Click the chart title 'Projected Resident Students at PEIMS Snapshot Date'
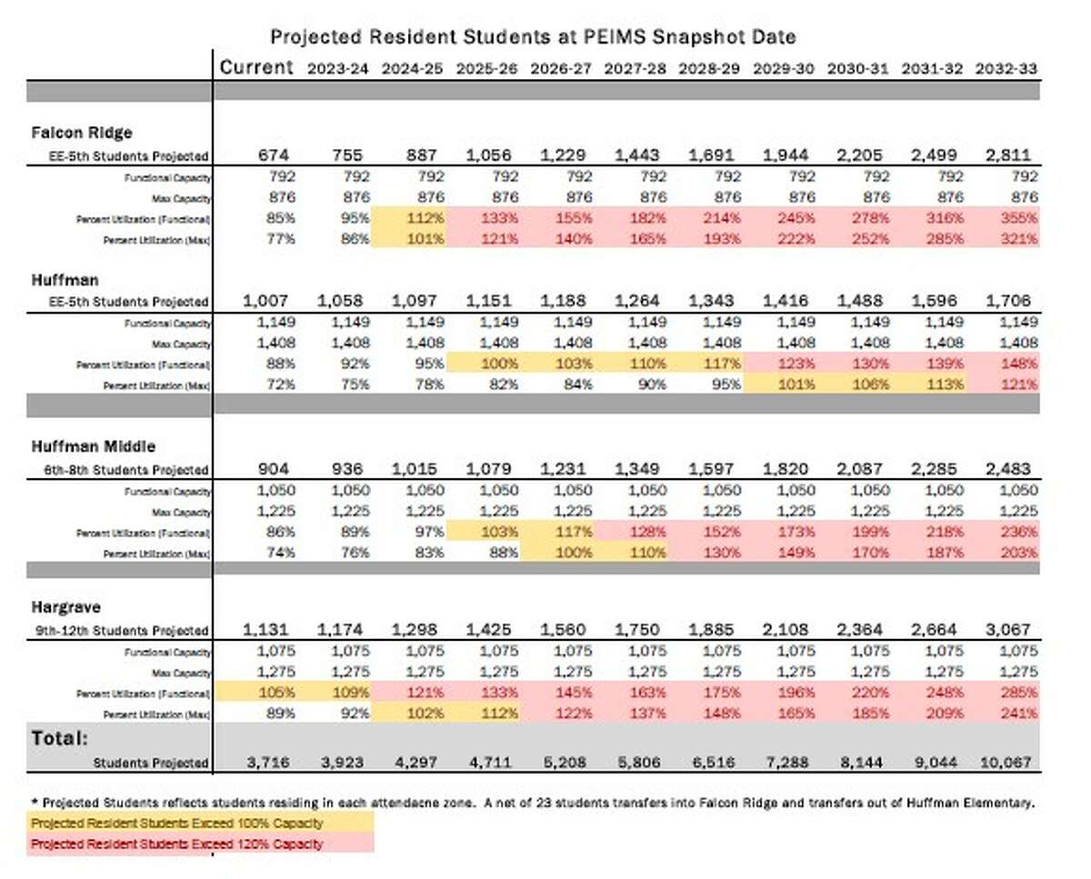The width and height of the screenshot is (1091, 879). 533,37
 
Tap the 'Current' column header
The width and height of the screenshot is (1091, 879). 257,67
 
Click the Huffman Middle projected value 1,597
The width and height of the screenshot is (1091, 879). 707,469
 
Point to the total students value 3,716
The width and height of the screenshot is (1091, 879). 257,762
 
